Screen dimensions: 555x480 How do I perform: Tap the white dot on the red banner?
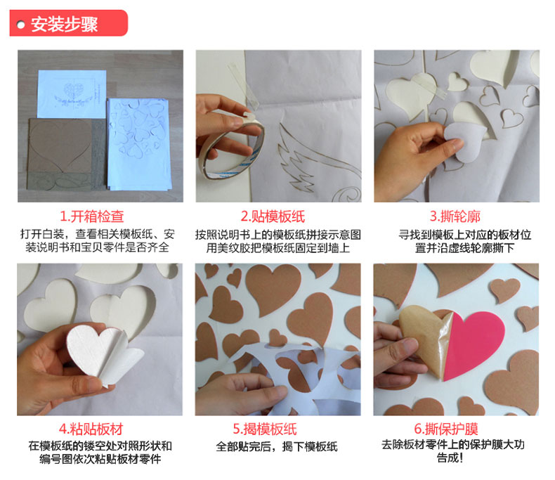click(20, 25)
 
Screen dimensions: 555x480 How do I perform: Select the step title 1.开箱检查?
click(91, 216)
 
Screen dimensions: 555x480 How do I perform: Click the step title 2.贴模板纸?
click(273, 216)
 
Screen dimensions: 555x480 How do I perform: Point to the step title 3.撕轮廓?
click(455, 216)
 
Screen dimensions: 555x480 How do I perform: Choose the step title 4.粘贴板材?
click(91, 429)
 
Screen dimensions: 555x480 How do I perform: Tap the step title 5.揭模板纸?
click(265, 429)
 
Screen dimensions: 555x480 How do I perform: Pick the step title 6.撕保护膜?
click(446, 429)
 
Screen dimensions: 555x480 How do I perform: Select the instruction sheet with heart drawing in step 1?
click(72, 94)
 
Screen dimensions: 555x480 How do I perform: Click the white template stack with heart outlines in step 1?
click(139, 143)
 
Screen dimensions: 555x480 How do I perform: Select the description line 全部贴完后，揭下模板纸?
click(276, 447)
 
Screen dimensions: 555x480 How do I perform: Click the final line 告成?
click(450, 458)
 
